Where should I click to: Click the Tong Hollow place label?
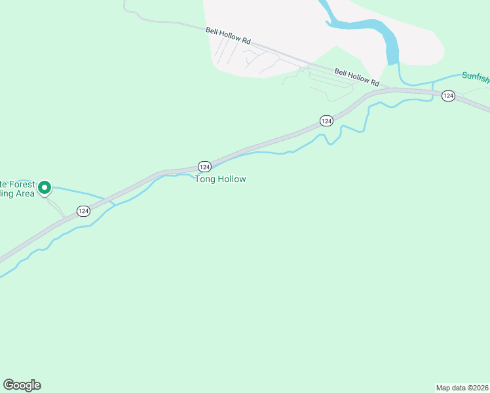220,179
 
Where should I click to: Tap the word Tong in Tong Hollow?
205,179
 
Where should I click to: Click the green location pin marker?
45,188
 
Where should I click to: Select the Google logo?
22,385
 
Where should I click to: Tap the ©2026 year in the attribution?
478,388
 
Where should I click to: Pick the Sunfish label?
475,76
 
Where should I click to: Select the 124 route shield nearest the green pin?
83,211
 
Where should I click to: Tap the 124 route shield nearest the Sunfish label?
448,96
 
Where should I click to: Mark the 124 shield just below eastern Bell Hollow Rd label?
327,121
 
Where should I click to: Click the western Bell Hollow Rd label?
228,35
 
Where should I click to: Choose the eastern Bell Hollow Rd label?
356,77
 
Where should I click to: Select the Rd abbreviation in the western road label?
246,41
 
